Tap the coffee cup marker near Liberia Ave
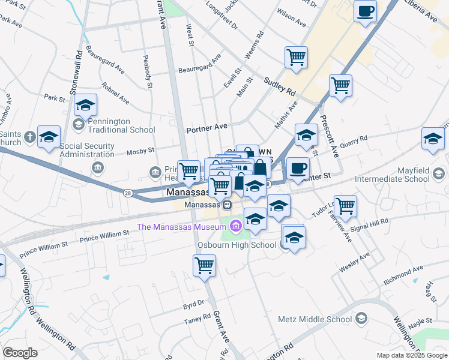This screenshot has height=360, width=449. coord(365,11)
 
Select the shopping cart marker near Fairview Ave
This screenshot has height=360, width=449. coord(346,206)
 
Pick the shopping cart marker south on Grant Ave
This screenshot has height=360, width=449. coord(204,265)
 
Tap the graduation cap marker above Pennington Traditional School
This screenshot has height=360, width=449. coord(86,106)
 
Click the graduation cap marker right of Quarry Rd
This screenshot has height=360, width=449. coord(433,138)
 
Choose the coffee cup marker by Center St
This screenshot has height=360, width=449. coord(297,168)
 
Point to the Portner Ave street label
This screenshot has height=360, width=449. coord(206,127)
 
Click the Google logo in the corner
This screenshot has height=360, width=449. coord(20,352)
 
